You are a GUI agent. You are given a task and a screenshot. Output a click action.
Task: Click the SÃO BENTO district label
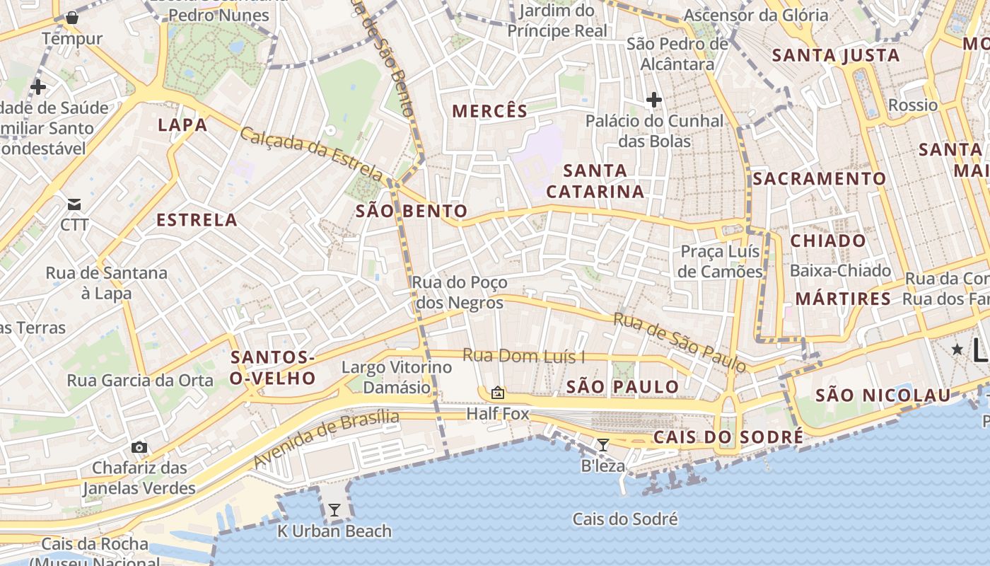[412, 211]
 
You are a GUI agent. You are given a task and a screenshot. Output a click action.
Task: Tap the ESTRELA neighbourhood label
[197, 220]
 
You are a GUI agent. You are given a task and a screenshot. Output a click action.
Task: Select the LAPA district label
[182, 125]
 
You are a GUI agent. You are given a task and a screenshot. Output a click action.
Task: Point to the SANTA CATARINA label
[595, 181]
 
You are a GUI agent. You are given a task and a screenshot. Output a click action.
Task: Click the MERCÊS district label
[489, 111]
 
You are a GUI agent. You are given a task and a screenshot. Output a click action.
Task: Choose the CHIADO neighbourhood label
[828, 241]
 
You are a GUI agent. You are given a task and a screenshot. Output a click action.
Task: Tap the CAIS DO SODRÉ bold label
[728, 437]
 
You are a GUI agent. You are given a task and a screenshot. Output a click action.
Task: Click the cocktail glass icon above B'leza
[602, 445]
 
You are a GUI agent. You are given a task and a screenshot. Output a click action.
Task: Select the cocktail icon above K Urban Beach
[334, 510]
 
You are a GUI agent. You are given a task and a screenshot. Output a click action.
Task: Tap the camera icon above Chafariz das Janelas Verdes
[139, 447]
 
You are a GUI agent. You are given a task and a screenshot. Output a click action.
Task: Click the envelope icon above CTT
[74, 205]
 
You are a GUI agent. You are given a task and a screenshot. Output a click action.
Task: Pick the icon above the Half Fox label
[497, 393]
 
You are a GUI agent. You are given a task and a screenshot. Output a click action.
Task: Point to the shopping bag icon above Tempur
[71, 18]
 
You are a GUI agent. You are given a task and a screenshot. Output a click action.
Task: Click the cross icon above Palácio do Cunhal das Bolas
[654, 100]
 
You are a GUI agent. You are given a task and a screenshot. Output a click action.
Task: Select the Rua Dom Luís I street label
[523, 357]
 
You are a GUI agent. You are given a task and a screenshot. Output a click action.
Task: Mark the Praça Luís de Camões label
[720, 261]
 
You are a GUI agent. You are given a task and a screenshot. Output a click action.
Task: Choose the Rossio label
[912, 105]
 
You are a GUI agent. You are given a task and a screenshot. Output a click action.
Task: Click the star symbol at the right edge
[957, 349]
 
